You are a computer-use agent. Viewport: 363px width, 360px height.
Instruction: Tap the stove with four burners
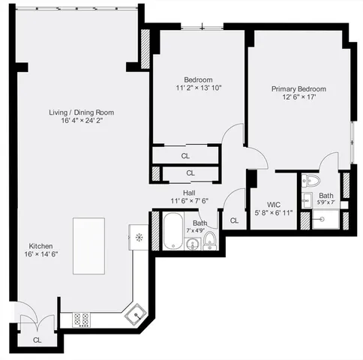[82, 319]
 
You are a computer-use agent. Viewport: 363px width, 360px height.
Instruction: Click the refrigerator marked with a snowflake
[139, 238]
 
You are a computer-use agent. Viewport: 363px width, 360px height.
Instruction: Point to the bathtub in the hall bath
[172, 230]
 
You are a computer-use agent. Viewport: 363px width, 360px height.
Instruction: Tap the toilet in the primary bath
[313, 181]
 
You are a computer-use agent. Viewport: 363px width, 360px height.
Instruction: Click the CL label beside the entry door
[37, 340]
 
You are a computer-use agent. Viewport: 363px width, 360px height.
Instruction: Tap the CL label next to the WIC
[234, 220]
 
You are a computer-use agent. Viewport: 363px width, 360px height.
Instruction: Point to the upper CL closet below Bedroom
[185, 155]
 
